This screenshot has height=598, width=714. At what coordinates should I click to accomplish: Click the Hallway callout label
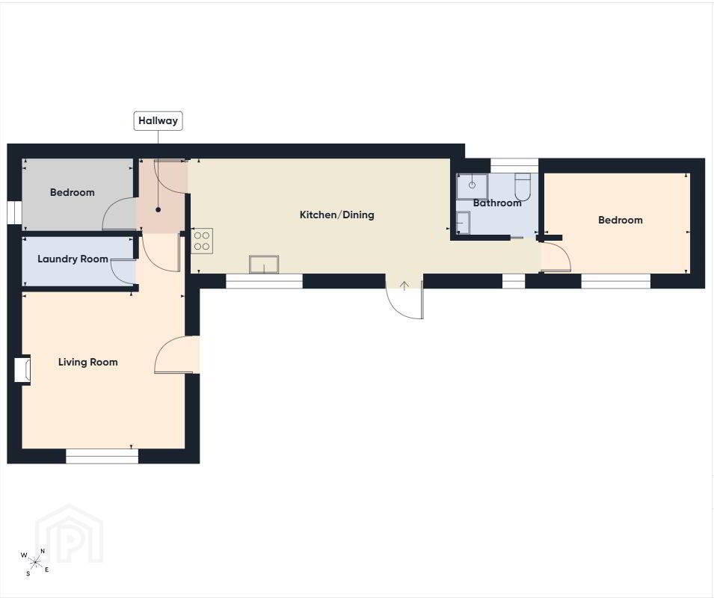pyautogui.click(x=158, y=121)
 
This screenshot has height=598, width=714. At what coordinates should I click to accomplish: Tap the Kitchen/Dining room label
pyautogui.click(x=337, y=215)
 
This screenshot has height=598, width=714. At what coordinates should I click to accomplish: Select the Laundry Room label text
pyautogui.click(x=73, y=259)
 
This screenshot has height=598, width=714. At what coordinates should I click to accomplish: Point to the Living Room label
pyautogui.click(x=88, y=363)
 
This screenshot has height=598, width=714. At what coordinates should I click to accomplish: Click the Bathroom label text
pyautogui.click(x=497, y=203)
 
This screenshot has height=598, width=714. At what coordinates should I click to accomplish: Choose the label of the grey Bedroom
pyautogui.click(x=73, y=193)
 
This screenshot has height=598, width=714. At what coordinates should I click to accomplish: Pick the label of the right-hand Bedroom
pyautogui.click(x=621, y=221)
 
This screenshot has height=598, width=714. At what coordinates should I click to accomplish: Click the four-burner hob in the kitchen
pyautogui.click(x=202, y=241)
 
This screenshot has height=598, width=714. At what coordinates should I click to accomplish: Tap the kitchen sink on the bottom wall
pyautogui.click(x=264, y=265)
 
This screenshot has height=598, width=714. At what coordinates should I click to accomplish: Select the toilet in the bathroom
pyautogui.click(x=523, y=187)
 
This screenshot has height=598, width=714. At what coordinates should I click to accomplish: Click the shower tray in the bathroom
pyautogui.click(x=473, y=185)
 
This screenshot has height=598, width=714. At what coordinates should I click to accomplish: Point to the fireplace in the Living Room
pyautogui.click(x=22, y=370)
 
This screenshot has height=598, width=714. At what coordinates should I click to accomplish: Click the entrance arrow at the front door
pyautogui.click(x=404, y=286)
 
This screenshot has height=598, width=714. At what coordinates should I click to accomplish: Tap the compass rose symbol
pyautogui.click(x=34, y=563)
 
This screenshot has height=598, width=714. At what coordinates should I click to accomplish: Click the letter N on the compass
pyautogui.click(x=43, y=551)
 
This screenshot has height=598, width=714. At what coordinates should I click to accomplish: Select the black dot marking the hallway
pyautogui.click(x=158, y=210)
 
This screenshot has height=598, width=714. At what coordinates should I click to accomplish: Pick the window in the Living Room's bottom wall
pyautogui.click(x=102, y=456)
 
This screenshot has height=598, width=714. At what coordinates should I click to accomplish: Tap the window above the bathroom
pyautogui.click(x=514, y=165)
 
